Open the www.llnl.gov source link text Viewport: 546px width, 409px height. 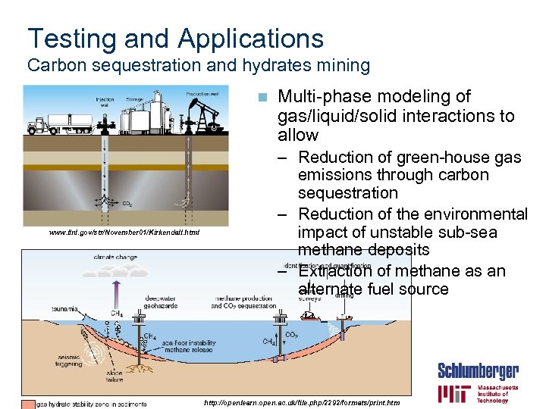click(124, 233)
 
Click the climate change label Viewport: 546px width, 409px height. click(115, 258)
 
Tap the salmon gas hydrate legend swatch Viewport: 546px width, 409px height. click(28, 403)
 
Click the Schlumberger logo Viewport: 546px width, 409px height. click(478, 371)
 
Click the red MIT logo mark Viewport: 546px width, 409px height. click(454, 394)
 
